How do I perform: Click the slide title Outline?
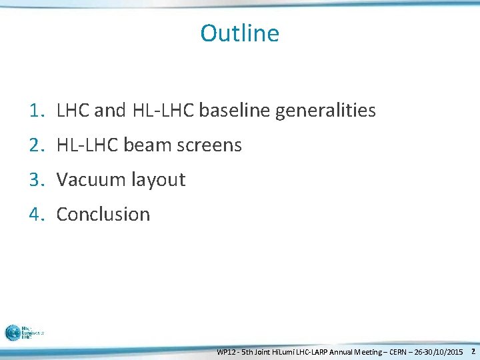click(239, 33)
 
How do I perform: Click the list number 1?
click(37, 111)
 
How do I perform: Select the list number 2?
click(37, 145)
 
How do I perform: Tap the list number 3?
click(37, 180)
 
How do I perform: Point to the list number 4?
click(37, 215)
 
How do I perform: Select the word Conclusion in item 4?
click(103, 215)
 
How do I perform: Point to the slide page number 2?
click(473, 351)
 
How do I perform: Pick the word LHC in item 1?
click(73, 111)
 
